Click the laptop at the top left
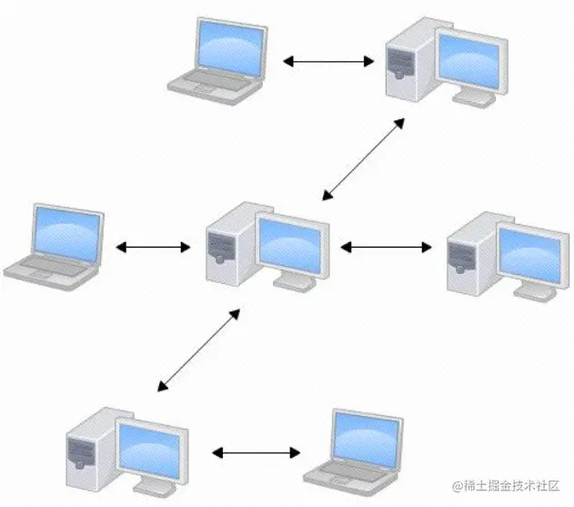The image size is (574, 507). pyautogui.click(x=219, y=56)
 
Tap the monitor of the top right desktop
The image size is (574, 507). pyautogui.click(x=469, y=61)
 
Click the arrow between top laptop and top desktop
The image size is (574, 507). pyautogui.click(x=328, y=62)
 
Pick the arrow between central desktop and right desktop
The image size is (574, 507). pyautogui.click(x=386, y=247)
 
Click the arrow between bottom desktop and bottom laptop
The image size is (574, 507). pyautogui.click(x=257, y=451)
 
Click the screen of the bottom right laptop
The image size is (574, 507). pyautogui.click(x=365, y=436)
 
